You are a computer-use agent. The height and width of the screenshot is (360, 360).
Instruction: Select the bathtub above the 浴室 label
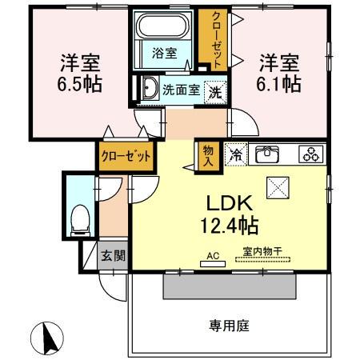[x=163, y=26]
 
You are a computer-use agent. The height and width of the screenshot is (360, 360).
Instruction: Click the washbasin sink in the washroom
[x=150, y=90]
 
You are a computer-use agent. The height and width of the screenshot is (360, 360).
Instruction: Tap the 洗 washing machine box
[x=215, y=91]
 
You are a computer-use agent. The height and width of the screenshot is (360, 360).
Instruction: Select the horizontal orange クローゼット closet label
[x=126, y=156]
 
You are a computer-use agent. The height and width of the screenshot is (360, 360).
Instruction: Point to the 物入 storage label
[x=207, y=154]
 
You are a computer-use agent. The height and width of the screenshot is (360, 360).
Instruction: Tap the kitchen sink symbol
[x=268, y=154]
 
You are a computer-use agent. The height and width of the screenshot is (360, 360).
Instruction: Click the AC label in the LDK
[x=212, y=256]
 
